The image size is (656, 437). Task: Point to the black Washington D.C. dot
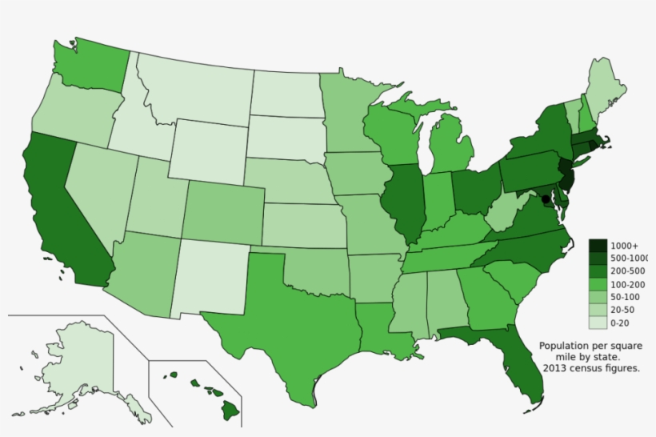point(546,198)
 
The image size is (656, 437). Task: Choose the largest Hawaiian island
point(231,410)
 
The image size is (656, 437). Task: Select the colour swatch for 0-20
point(597,323)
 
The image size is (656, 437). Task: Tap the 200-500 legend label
point(626,271)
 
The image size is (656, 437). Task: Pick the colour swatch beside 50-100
point(597,297)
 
